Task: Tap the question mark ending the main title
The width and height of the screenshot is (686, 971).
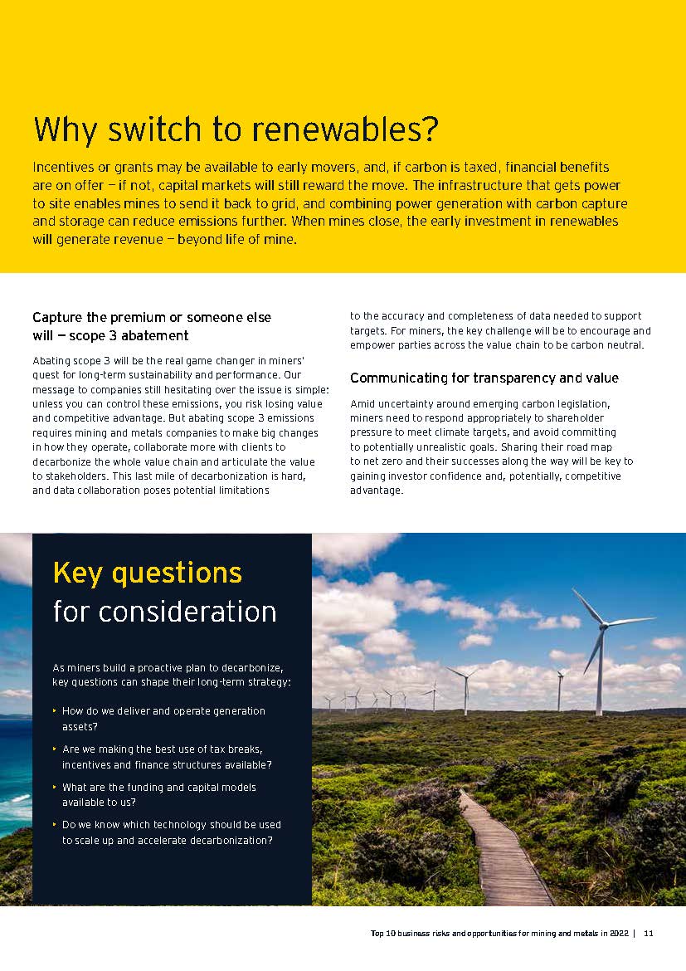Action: pos(428,130)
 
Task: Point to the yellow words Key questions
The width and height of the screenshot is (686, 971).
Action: pos(148,573)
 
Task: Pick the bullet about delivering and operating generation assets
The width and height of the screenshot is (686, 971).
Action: pos(163,718)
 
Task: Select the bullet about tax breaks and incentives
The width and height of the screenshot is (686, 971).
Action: pos(167,756)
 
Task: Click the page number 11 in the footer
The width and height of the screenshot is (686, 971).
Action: pos(649,934)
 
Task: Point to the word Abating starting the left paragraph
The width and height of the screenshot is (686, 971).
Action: pos(51,361)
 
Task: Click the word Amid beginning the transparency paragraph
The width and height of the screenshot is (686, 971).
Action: pos(363,403)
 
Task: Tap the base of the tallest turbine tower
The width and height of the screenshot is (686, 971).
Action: pos(598,712)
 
